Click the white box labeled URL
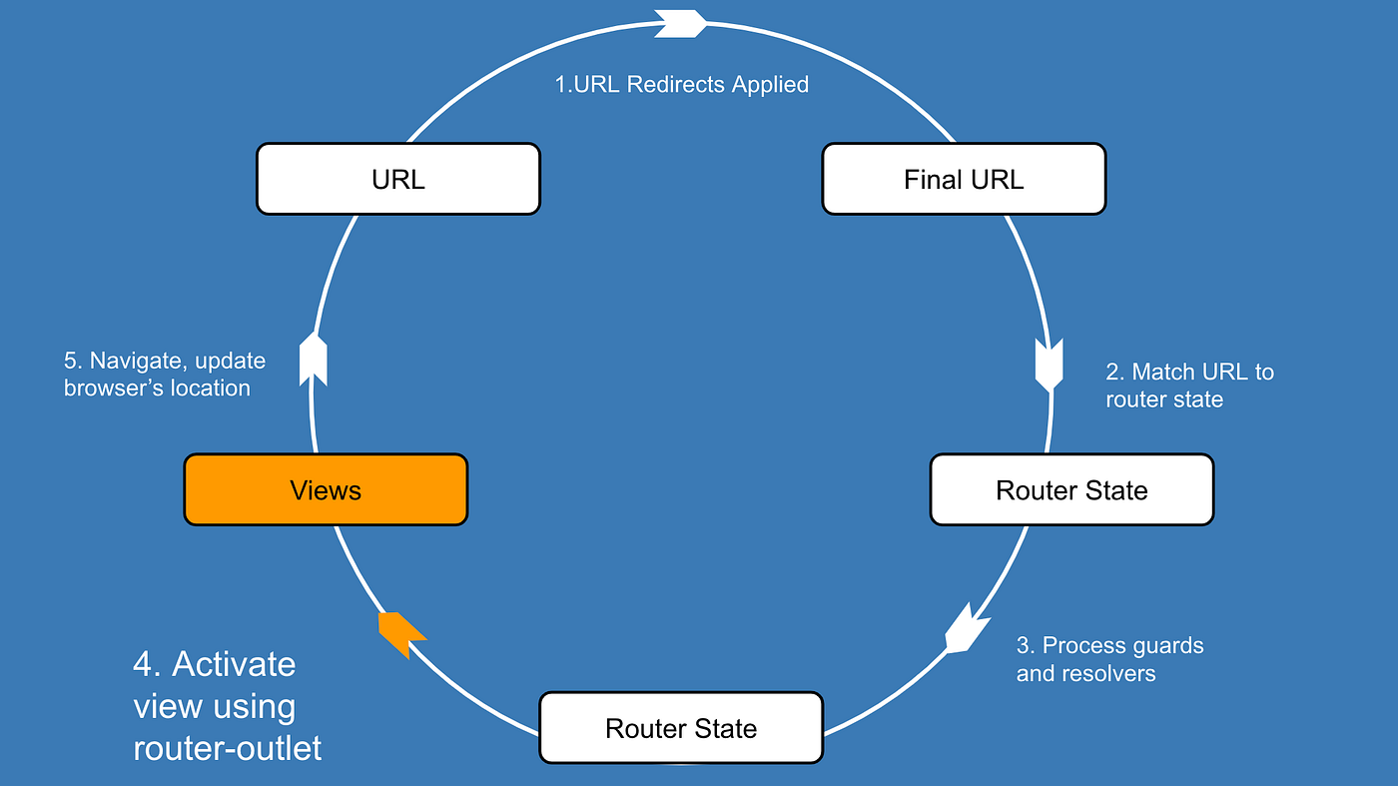[397, 179]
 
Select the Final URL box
[964, 179]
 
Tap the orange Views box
[326, 490]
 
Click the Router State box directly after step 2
[1071, 490]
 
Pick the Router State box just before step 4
[681, 728]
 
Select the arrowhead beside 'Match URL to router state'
[1049, 366]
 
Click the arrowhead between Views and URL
[314, 361]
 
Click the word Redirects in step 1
[676, 85]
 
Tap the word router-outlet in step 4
[228, 748]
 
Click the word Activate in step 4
[234, 664]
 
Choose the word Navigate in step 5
[136, 361]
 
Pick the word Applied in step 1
[770, 85]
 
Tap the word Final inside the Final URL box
[933, 180]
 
